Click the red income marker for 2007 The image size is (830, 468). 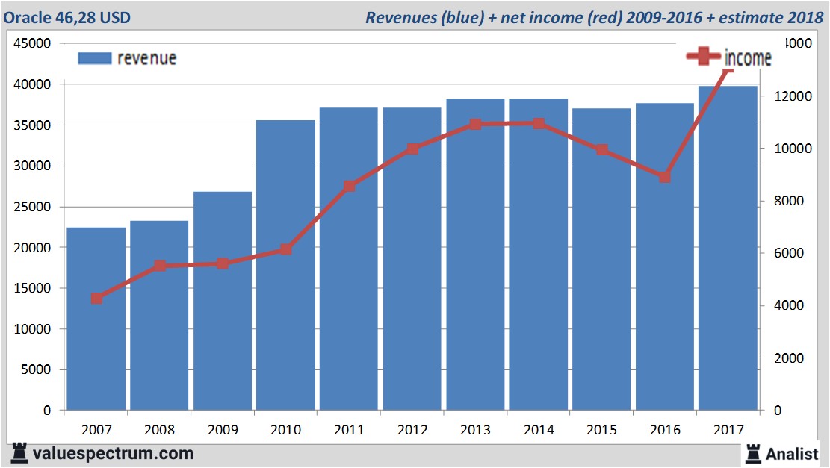point(96,299)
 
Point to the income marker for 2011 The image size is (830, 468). point(349,187)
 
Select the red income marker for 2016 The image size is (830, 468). point(665,177)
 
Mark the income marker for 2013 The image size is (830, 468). point(475,124)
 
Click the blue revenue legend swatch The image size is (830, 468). point(94,58)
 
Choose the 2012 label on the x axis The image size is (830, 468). point(412,430)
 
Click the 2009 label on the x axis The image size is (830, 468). point(223,430)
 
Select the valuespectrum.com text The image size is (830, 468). point(113,453)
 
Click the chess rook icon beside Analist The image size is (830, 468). point(753,453)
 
